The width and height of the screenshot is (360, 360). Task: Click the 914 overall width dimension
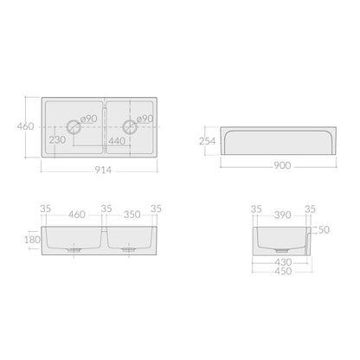coord(103,170)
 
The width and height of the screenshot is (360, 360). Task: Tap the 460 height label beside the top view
coord(25,126)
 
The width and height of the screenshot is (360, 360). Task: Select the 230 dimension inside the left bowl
coord(57,140)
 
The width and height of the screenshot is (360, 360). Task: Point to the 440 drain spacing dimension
coord(117,141)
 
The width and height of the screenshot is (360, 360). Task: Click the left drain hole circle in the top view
coord(74,127)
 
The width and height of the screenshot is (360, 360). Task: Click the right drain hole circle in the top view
coord(130,127)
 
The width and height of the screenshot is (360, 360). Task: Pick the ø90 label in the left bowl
coord(88,119)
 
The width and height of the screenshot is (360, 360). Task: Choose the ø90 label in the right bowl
coord(145,119)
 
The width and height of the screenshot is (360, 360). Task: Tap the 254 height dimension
coord(208,141)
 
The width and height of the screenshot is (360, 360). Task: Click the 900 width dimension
coord(282,165)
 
